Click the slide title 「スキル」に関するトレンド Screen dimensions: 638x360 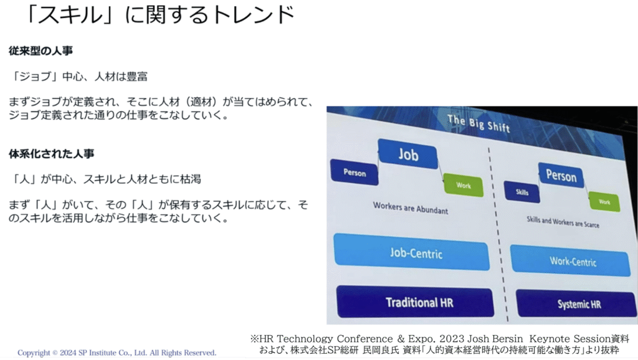[x=159, y=15]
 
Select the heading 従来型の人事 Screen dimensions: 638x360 [x=40, y=51]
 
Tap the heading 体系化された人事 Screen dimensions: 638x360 [x=51, y=154]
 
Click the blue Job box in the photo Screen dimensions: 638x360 [x=407, y=154]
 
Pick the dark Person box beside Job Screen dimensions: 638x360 [x=355, y=173]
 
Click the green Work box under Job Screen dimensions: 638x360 [x=463, y=186]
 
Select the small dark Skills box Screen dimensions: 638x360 [x=522, y=192]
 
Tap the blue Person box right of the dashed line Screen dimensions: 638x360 [x=561, y=176]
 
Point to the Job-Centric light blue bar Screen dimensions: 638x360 [x=411, y=252]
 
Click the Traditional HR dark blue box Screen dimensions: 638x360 [x=416, y=302]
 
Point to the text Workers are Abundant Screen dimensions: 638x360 [x=410, y=208]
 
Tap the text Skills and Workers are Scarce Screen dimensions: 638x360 [x=563, y=222]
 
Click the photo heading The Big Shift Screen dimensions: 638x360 [x=478, y=123]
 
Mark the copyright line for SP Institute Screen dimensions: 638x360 [x=117, y=353]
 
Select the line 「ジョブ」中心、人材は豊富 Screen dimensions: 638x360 [x=79, y=77]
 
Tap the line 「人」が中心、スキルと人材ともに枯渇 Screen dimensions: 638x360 [x=105, y=179]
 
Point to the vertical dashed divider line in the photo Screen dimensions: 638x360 [x=498, y=235]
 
